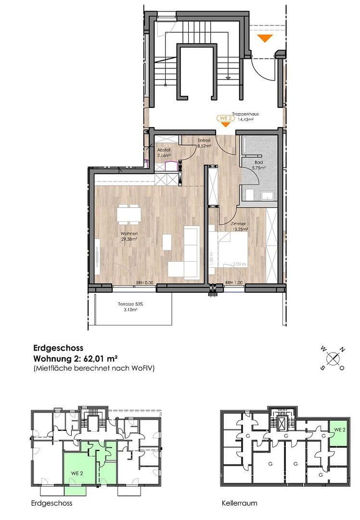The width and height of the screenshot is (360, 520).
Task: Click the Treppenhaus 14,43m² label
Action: coord(245,117)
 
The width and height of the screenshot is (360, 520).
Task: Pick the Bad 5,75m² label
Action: coord(258,165)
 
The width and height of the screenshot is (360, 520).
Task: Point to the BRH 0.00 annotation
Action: coord(145,283)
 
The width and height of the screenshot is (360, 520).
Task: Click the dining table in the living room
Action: coord(129,214)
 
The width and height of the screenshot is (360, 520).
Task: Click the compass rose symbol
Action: coord(332,358)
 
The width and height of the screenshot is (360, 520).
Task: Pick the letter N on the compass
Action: coord(342,350)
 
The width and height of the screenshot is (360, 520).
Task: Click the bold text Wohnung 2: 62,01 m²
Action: coord(76,358)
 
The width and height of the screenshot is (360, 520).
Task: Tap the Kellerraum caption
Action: coord(239,503)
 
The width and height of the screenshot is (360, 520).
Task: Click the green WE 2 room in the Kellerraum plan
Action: coord(339,432)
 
